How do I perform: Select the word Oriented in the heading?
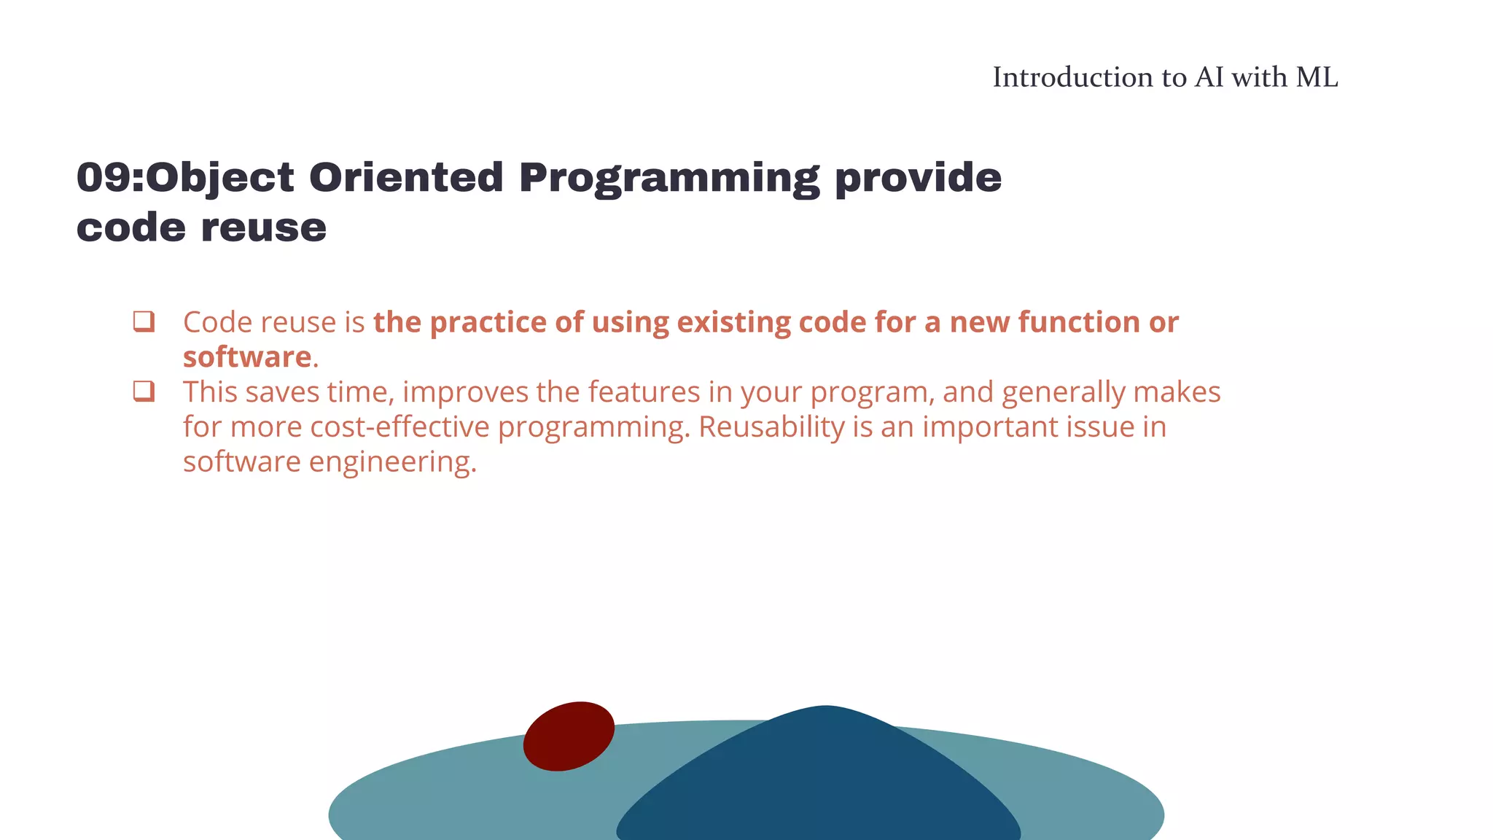406,178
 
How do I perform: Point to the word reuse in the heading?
263,227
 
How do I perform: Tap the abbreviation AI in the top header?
1209,77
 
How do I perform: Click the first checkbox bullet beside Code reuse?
144,321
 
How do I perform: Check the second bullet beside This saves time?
144,391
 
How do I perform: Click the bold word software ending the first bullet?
247,357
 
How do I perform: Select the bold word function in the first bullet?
1079,322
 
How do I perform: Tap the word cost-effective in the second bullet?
399,427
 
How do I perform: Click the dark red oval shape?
569,736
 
